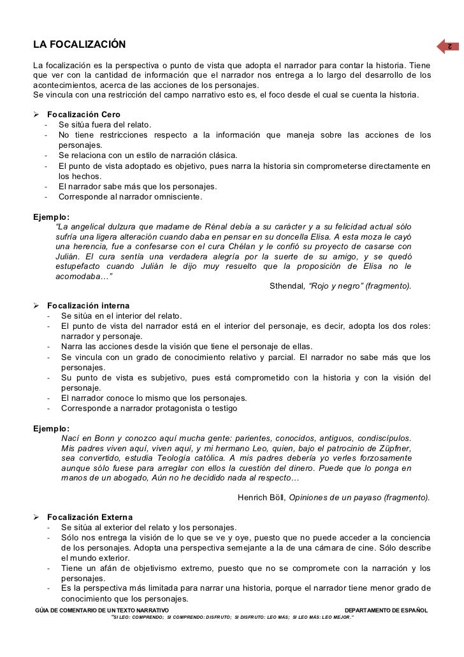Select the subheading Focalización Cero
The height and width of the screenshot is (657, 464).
click(x=83, y=114)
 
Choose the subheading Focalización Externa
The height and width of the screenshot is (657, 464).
click(x=90, y=517)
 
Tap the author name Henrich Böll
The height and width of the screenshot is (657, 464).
click(x=261, y=497)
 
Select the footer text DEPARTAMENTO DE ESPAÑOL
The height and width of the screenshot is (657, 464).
click(x=386, y=610)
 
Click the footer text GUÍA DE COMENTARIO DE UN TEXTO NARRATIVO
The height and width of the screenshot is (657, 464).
click(x=101, y=610)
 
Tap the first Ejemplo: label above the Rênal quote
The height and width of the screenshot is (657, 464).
click(x=52, y=216)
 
